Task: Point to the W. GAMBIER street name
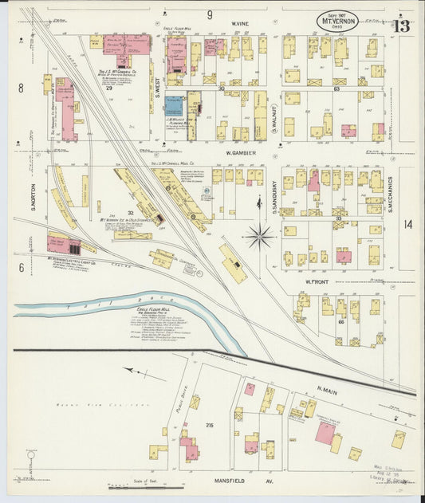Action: (238, 152)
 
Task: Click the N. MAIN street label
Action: (328, 388)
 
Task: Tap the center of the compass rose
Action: (260, 235)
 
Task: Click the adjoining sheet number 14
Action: (407, 225)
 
